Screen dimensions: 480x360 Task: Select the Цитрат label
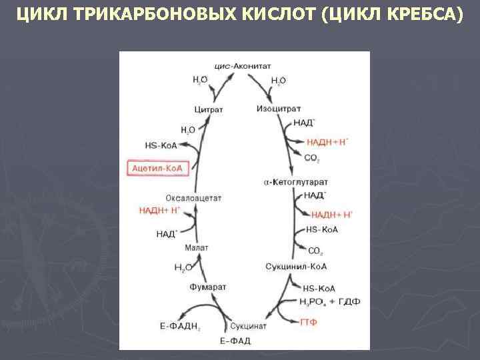pos(208,109)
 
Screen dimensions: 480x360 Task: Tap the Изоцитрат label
pos(278,108)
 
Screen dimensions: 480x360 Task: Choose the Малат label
pos(197,247)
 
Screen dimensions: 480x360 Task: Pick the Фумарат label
pos(207,287)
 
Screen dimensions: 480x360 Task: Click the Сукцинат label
pos(248,326)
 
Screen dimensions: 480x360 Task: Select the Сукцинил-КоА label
pos(296,267)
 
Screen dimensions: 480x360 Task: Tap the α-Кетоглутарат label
pos(295,182)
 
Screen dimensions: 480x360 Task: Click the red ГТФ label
pos(309,321)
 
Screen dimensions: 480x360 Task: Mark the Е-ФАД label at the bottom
pos(235,341)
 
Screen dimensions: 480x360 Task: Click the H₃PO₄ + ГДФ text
pos(330,301)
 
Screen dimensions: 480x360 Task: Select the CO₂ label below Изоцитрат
pos(311,158)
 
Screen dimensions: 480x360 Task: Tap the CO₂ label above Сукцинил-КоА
pos(315,251)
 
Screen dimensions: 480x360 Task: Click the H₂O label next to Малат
pos(182,268)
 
